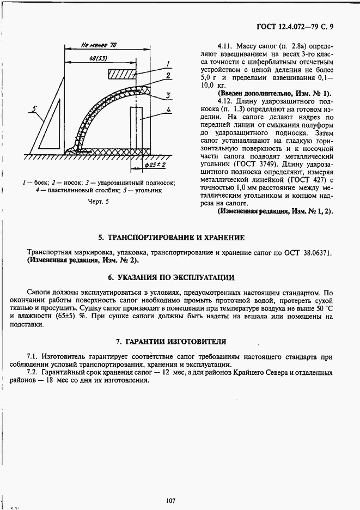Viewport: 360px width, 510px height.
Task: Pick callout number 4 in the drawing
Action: (169, 110)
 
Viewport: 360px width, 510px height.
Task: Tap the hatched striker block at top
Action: (123, 73)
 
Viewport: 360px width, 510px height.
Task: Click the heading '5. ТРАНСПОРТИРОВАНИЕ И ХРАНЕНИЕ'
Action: (171, 238)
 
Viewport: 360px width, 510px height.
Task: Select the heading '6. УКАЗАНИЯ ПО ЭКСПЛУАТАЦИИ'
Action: (171, 277)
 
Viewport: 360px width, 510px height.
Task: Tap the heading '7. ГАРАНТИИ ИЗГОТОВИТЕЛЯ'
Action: (171, 342)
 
